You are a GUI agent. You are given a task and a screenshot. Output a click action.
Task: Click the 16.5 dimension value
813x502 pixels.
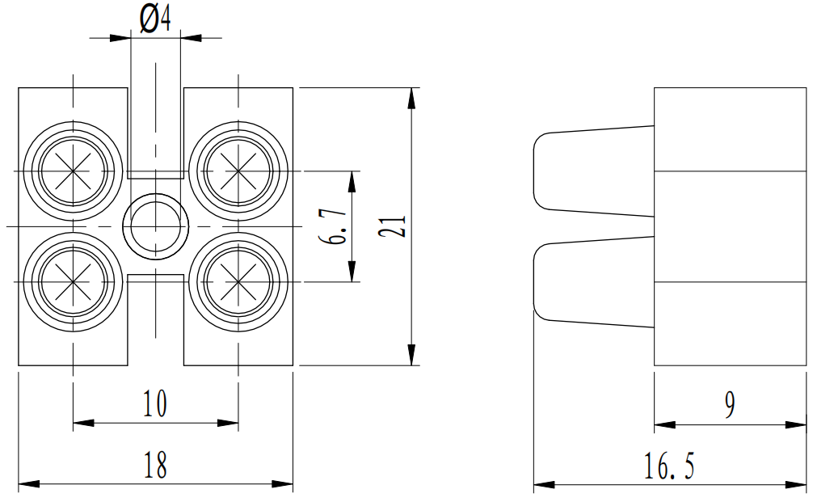tap(670, 467)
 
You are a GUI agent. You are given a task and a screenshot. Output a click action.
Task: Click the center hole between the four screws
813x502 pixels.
tap(154, 226)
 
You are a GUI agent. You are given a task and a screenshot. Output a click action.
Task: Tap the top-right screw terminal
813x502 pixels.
tap(238, 171)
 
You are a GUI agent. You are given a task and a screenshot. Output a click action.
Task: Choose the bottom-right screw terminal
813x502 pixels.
tap(238, 281)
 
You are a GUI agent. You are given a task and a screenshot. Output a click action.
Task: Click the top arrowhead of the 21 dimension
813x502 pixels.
tap(412, 97)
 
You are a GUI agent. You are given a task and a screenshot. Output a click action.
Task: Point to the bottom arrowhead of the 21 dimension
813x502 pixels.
tap(412, 356)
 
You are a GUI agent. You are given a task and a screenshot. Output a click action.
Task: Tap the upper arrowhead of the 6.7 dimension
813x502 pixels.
tap(352, 181)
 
